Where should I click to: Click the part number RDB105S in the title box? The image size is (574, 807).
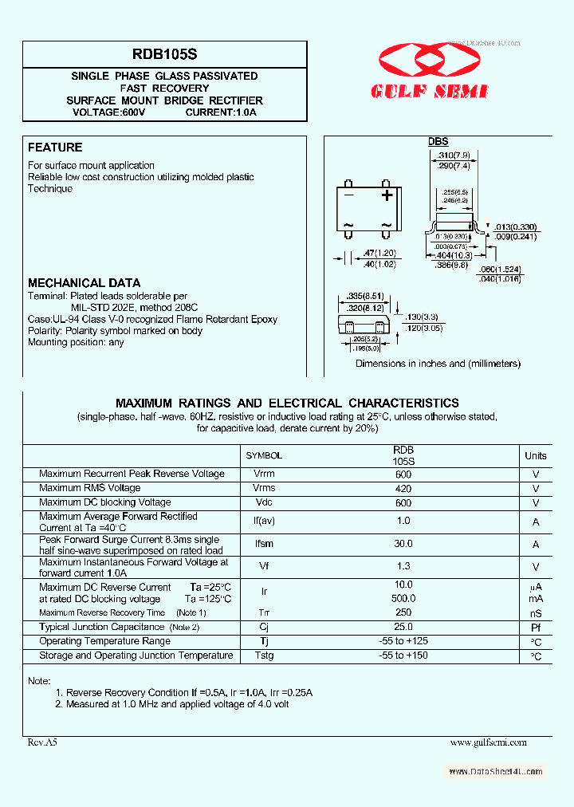(x=165, y=55)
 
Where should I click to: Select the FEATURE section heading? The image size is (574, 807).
(x=55, y=148)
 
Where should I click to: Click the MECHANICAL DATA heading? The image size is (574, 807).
(x=84, y=283)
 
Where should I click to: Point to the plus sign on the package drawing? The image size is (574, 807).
(x=387, y=195)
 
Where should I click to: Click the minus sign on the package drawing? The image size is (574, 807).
(x=348, y=195)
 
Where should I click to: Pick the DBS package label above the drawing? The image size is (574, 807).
(x=438, y=142)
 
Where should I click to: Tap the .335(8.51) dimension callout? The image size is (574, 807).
(x=366, y=296)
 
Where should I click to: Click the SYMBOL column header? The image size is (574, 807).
(x=264, y=455)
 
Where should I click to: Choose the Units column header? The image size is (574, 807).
(x=536, y=455)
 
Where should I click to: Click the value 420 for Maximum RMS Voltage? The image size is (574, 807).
(x=403, y=488)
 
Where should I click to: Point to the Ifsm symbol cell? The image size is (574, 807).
(x=264, y=544)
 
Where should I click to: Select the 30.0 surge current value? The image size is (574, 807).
(x=403, y=544)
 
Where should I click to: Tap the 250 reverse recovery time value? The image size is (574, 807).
(x=403, y=612)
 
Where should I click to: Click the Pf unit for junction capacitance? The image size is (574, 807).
(x=536, y=628)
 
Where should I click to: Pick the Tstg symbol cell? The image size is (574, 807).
(x=264, y=655)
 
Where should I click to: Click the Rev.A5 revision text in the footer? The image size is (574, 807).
(x=43, y=742)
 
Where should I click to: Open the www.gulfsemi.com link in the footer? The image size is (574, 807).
(x=488, y=742)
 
